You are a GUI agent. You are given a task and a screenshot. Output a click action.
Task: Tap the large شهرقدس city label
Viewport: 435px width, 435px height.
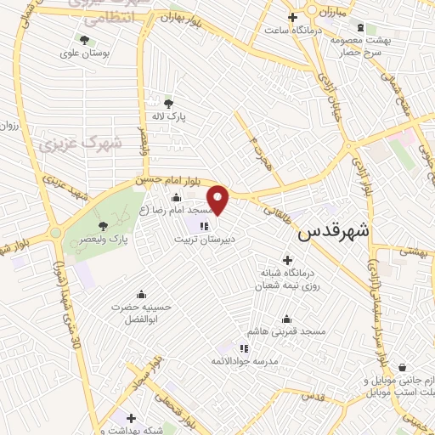[x=337, y=231]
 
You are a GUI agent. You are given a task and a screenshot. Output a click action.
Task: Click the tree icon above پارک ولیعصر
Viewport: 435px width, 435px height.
[x=103, y=226]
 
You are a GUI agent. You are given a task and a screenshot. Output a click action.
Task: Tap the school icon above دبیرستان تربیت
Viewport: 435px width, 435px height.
[x=203, y=225]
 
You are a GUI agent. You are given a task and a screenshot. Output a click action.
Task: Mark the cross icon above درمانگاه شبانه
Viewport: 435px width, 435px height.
[x=286, y=260]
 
